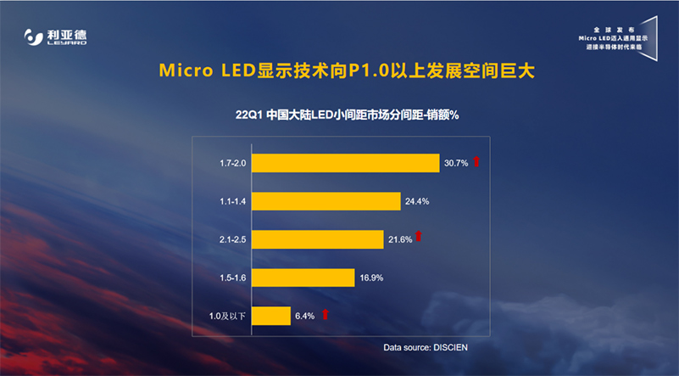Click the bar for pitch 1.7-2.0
point(345,163)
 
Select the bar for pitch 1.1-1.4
point(326,201)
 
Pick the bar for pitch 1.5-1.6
point(303,278)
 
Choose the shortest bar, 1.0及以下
point(271,316)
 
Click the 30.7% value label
point(455,163)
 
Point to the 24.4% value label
point(417,201)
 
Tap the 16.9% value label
point(370,278)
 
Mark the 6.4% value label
point(304,316)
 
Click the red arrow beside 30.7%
point(476,161)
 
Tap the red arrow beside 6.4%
point(325,314)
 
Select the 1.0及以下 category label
point(226,316)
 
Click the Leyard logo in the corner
point(55,37)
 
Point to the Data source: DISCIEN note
point(431,348)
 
